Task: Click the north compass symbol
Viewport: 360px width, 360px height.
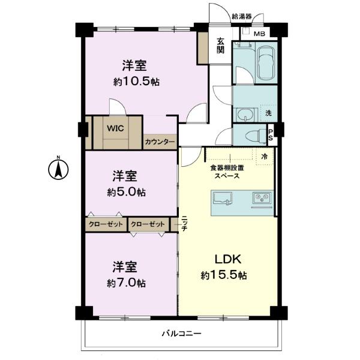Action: coord(58,169)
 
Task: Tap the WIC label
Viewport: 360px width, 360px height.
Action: coord(115,128)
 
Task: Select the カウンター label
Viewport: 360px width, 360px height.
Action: coord(160,142)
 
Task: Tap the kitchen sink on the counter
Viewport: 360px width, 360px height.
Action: coord(223,198)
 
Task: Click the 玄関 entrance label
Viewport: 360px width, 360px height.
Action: coord(220,46)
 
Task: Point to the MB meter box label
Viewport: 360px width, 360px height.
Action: coord(259,34)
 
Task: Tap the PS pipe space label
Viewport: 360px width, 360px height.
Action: coord(271,135)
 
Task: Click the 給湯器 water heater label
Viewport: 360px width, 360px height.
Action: coord(242,17)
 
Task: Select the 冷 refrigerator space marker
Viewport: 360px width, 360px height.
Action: coord(265,157)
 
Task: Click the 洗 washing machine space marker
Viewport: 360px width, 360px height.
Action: coord(268,113)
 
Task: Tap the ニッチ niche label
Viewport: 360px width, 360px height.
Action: coord(184,223)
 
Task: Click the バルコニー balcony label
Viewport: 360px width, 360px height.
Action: coord(181,333)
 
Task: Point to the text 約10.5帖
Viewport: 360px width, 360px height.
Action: coord(136,82)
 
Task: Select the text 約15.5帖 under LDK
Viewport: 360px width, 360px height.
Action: coord(224,275)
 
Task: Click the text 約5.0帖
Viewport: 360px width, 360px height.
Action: coord(126,192)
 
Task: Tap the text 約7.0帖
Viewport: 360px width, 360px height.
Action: coord(126,283)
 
